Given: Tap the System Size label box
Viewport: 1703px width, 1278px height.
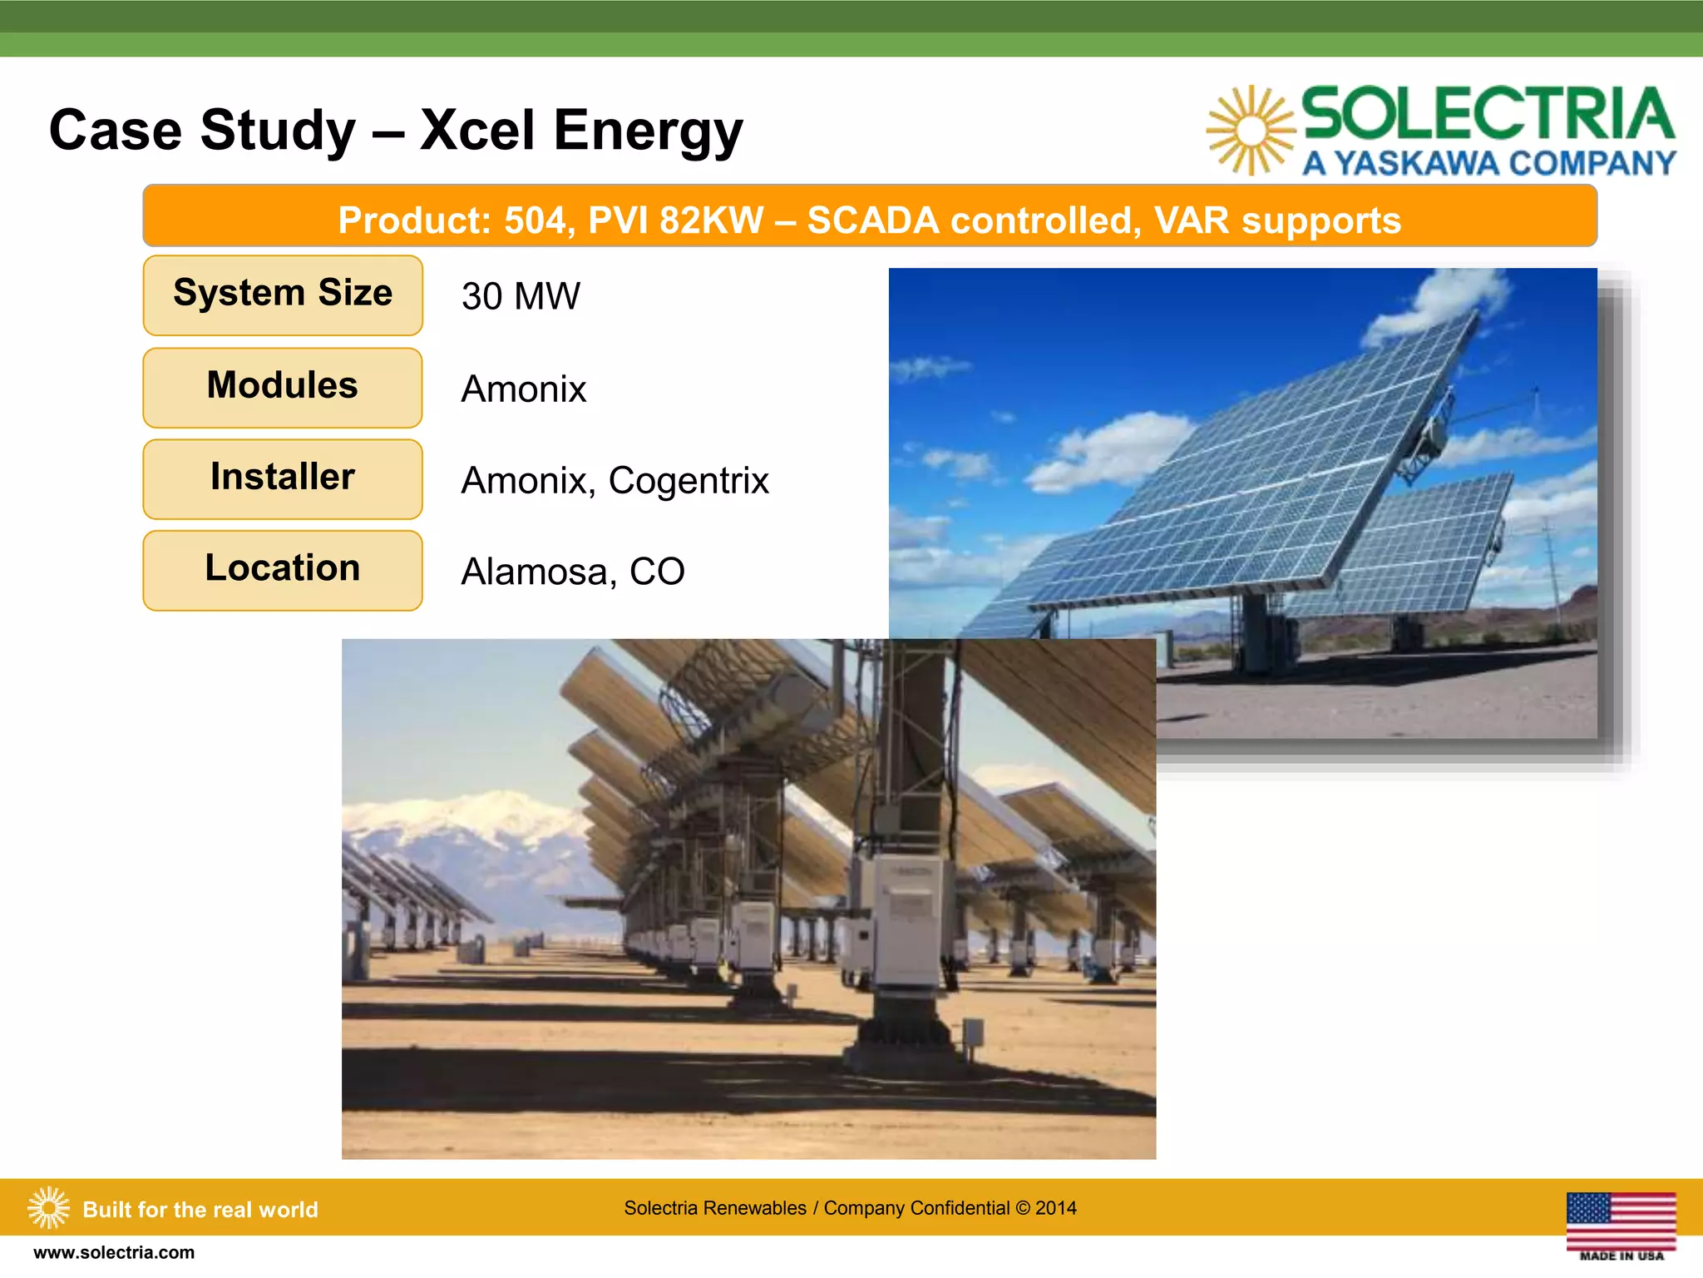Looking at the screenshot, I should point(283,295).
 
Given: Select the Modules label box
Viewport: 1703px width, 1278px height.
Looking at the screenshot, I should point(283,387).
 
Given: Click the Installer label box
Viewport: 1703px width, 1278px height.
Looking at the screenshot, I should point(283,478).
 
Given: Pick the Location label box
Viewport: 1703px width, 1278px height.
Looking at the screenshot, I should point(283,570).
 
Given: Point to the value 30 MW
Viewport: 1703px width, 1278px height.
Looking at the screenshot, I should point(521,297).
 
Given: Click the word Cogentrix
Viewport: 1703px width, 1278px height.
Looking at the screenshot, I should point(689,481).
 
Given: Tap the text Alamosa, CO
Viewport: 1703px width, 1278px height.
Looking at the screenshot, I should point(572,572).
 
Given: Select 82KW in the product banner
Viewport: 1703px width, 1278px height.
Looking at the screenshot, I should point(711,220).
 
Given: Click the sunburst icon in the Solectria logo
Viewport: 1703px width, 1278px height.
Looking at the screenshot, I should point(1250,131).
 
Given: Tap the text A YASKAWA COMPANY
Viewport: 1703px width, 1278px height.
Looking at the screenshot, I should point(1488,163).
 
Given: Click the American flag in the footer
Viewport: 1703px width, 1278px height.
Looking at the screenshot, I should point(1621,1221).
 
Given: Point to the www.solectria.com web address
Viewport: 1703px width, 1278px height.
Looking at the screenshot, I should point(114,1253).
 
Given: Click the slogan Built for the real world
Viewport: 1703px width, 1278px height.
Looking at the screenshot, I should point(200,1210).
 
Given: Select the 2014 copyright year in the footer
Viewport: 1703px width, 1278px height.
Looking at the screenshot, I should point(1056,1208).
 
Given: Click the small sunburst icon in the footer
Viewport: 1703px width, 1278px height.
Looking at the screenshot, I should point(49,1207).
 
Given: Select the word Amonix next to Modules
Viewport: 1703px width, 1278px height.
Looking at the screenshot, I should point(524,389).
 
